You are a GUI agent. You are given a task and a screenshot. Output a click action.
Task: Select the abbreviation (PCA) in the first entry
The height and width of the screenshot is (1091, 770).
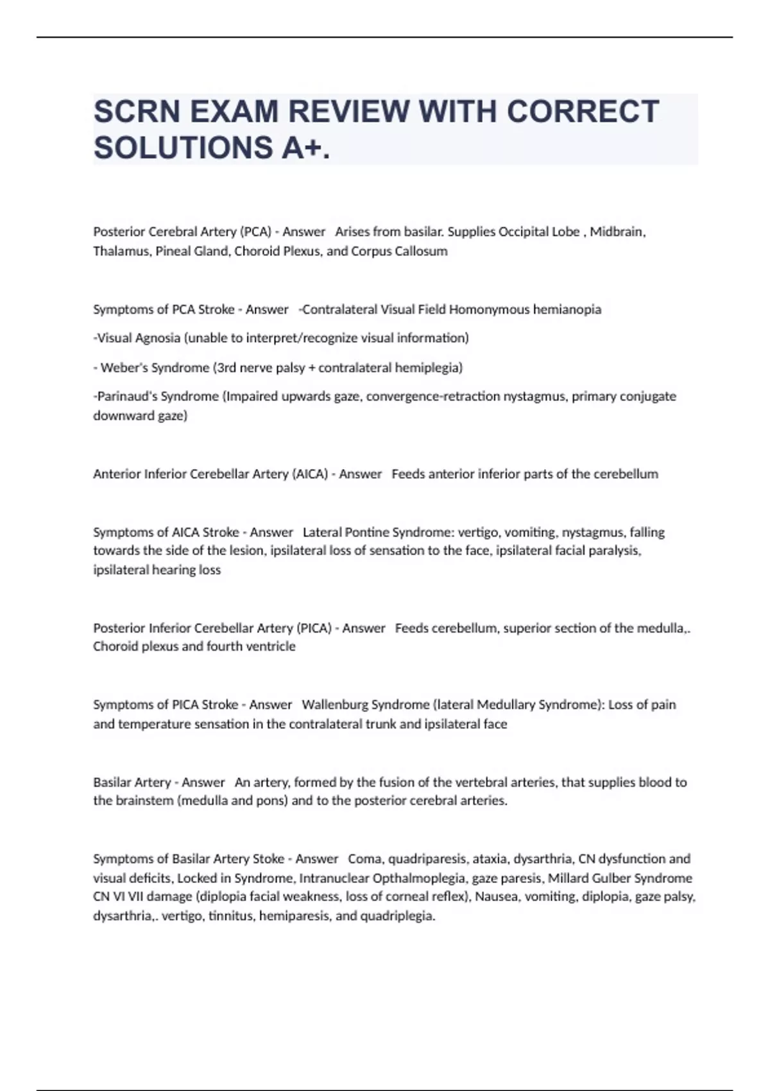[x=255, y=232]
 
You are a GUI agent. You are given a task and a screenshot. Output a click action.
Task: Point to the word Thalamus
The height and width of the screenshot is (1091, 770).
[x=122, y=251]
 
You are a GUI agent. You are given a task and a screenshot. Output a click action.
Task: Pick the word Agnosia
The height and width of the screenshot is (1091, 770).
[x=157, y=338]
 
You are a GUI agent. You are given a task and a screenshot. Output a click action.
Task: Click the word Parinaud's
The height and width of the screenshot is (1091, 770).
[x=126, y=397]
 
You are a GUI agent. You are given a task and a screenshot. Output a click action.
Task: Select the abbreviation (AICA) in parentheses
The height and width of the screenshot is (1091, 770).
[x=310, y=474]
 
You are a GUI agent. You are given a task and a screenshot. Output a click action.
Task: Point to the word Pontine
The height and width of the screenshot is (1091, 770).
[x=367, y=532]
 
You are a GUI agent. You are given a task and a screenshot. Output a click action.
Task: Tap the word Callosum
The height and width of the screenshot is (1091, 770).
[x=421, y=251]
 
